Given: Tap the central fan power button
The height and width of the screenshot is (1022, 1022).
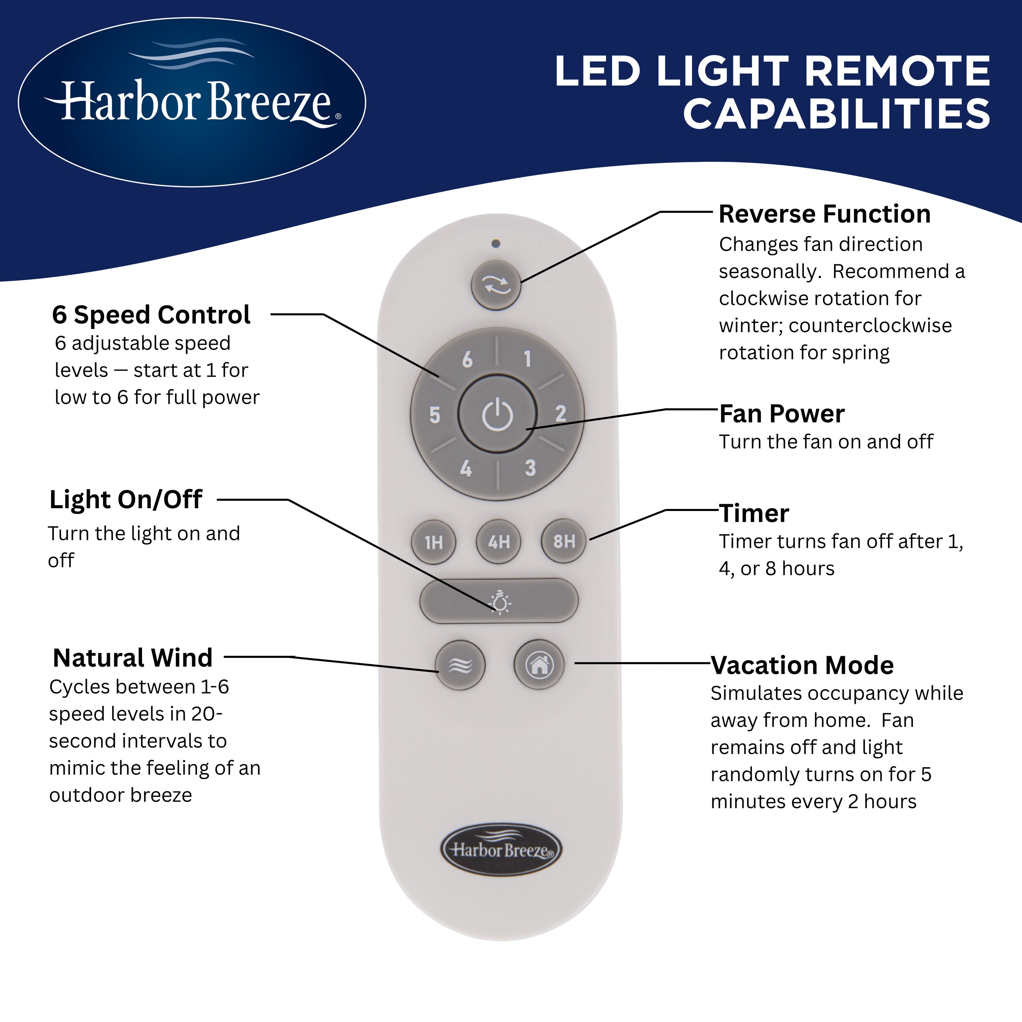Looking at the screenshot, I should coord(497,414).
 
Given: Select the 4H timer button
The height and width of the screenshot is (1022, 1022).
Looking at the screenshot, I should coord(498,542).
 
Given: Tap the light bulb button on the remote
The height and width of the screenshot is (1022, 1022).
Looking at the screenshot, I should coord(499,601).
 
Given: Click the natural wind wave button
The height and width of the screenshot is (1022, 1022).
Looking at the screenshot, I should coord(460,665).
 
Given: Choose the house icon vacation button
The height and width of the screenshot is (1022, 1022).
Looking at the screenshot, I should coord(539,665).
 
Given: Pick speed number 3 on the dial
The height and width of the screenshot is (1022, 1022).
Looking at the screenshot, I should coord(530,468).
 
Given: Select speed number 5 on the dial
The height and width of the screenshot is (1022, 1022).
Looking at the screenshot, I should coord(435,415).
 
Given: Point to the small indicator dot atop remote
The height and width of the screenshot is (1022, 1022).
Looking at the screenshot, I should coord(496,244).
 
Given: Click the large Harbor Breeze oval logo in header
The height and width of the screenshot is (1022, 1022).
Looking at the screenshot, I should coord(192,102).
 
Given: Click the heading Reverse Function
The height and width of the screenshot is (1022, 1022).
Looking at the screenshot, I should coord(824,214).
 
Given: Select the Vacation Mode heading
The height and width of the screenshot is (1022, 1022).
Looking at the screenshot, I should coord(802,665).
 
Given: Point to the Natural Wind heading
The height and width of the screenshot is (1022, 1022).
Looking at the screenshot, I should coord(133,658).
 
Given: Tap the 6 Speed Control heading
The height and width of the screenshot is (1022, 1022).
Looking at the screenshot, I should coord(151,315).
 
